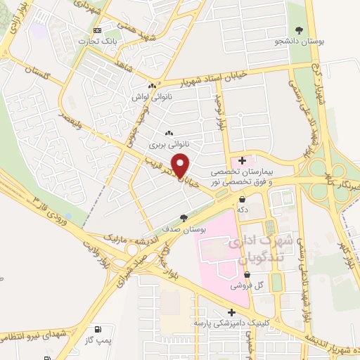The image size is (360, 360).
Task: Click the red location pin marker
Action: coord(181,165)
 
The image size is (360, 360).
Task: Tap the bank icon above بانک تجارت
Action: coord(97,31)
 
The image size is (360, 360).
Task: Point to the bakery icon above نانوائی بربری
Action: coord(168,132)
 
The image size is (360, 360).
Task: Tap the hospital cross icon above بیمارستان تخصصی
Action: coord(243,160)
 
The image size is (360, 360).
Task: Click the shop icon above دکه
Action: coord(242,198)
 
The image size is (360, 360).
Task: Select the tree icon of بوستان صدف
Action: coord(184,218)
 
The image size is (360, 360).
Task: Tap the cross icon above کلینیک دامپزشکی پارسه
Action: coord(231,312)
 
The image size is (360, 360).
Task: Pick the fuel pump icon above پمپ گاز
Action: coord(96,329)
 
